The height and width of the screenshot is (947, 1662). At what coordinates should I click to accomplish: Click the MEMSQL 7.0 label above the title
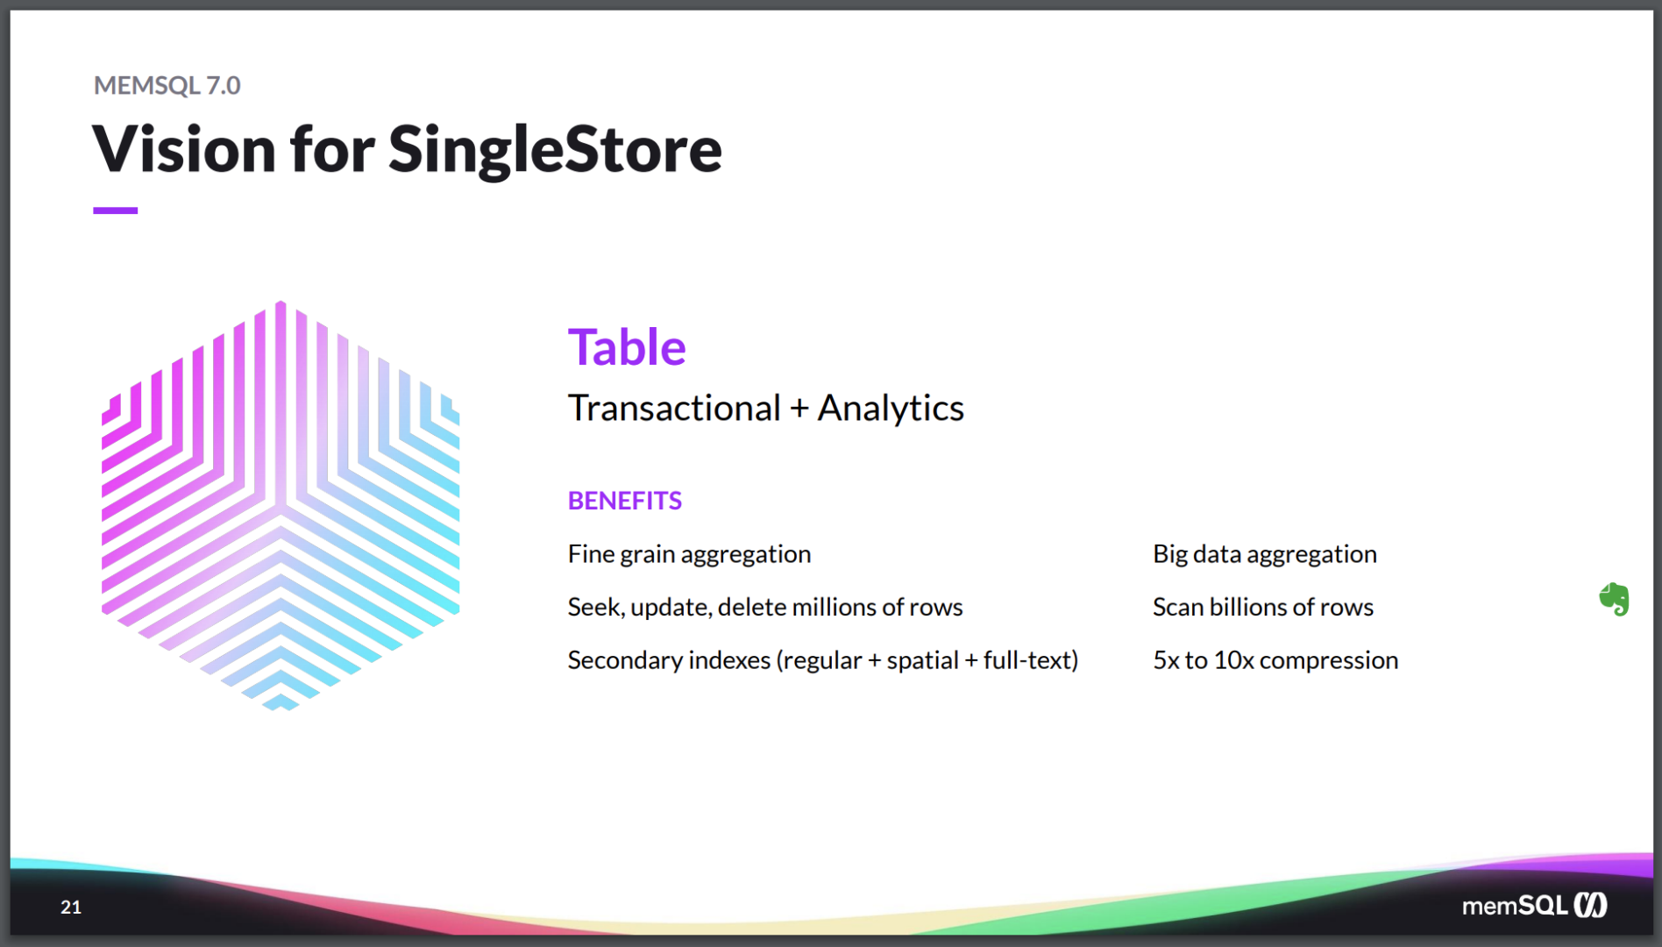tap(167, 85)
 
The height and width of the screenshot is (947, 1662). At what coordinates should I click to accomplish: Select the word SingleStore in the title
tap(555, 149)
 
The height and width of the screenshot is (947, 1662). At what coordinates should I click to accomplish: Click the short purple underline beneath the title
tap(116, 210)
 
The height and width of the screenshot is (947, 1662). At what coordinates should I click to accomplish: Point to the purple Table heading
tap(627, 347)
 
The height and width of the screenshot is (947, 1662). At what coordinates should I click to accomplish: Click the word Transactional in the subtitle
tap(674, 409)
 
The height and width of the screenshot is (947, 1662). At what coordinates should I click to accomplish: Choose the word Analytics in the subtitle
tap(891, 409)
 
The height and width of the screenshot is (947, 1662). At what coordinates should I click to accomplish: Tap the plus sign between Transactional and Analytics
tap(799, 409)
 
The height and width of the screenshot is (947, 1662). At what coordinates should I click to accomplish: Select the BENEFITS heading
tap(625, 501)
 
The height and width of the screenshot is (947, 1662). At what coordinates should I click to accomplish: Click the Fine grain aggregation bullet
tap(689, 555)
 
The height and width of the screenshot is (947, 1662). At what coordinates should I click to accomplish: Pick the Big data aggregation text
tap(1265, 555)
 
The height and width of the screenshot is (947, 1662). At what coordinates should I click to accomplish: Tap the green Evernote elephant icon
tap(1614, 600)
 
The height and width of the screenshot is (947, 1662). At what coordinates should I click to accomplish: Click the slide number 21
tap(71, 908)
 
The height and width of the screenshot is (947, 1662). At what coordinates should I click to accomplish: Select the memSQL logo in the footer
tap(1534, 906)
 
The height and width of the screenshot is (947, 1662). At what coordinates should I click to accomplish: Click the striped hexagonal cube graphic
tap(281, 506)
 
